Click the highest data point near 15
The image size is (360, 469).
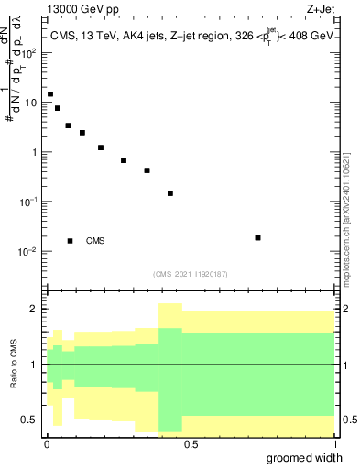[50, 94]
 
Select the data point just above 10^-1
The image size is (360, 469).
[170, 193]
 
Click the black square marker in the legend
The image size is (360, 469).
[70, 241]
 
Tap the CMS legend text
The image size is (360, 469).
[95, 241]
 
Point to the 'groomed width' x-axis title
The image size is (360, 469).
[309, 457]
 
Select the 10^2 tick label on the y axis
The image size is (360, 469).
[30, 52]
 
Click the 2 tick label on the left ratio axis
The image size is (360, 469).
[34, 309]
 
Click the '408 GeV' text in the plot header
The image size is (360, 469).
[314, 37]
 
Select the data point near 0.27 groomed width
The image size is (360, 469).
[124, 160]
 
